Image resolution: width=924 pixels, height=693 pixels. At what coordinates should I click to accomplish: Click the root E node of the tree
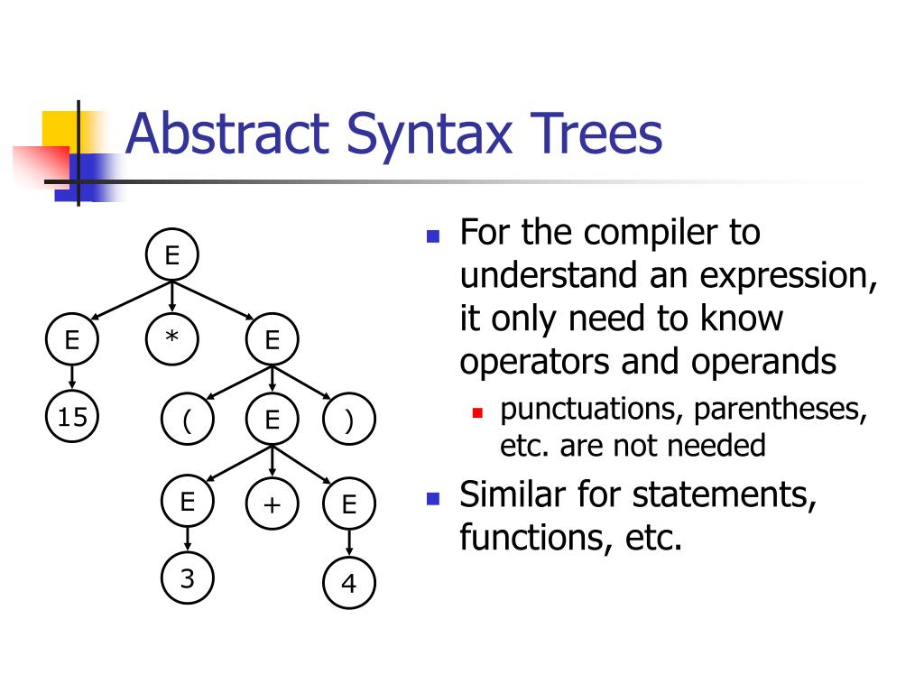coord(171,255)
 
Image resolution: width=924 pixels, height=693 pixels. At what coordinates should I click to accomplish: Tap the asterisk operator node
coord(171,339)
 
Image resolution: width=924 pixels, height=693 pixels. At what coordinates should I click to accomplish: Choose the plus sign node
coord(272,504)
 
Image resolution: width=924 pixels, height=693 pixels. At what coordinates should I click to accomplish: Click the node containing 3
coord(187,578)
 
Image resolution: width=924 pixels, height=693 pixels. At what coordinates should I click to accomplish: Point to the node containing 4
coord(348,584)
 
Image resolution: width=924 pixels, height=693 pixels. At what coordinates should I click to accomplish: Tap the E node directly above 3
coord(187,502)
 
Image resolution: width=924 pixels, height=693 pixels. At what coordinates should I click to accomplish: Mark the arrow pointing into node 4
coord(348,544)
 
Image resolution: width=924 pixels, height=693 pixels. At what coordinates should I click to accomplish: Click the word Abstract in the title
coord(225,134)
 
